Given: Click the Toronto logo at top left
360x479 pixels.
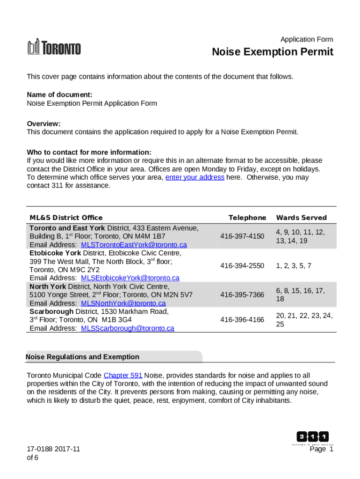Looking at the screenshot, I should pos(54,48).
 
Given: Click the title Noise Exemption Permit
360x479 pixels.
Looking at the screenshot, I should pos(273,52).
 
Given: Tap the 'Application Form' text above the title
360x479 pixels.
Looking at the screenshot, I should pos(307,39).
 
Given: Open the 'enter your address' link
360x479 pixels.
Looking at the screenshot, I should pos(194,177).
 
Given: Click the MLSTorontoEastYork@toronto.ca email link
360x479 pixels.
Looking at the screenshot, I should pos(134,245).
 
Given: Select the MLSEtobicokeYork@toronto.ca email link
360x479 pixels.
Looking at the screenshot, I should pos(130,278).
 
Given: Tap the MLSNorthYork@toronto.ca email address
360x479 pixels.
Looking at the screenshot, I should pos(123,303).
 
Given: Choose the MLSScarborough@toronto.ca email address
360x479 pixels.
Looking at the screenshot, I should pos(127,328).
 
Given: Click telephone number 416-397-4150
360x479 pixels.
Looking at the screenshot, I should pos(242,236).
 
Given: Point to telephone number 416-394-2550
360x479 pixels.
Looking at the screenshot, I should pos(242,266).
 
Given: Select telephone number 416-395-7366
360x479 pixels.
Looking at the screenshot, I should pos(242,295).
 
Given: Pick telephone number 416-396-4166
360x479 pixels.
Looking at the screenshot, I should pos(242,319).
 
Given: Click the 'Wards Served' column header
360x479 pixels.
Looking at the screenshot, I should pos(301,218).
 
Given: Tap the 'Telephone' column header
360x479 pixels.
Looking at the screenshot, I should pos(247,218).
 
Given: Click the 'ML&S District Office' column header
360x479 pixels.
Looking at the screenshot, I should pos(66,218).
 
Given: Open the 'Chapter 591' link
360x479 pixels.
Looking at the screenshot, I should pos(123,376).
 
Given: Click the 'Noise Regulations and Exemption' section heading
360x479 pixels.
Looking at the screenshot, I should pos(83,357).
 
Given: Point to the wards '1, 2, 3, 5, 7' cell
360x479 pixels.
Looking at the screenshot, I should pos(294,266).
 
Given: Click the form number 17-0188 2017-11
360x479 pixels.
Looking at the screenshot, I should pos(53,449).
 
